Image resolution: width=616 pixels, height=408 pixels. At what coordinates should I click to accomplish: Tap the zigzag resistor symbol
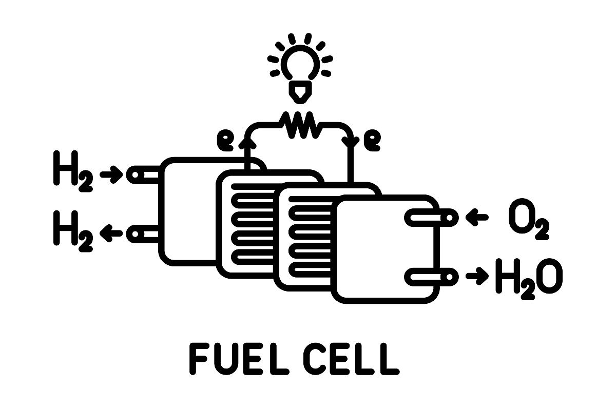[x=300, y=125]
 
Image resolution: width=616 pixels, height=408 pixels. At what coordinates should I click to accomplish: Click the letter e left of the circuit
[x=225, y=141]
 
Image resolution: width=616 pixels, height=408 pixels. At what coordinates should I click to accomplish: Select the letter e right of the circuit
[x=372, y=141]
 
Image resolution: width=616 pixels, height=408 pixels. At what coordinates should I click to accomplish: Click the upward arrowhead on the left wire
[x=247, y=142]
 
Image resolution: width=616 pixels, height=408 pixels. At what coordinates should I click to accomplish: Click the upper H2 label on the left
[x=73, y=171]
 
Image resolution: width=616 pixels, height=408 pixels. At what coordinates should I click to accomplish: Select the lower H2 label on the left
[x=73, y=231]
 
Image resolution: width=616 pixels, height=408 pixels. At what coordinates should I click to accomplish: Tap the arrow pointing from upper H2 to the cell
[x=111, y=174]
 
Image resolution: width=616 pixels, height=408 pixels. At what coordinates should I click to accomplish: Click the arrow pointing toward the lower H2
[x=111, y=234]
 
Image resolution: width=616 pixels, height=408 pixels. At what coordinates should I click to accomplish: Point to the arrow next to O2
[x=477, y=218]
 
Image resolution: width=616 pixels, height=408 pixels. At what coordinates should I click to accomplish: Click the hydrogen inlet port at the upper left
[x=143, y=174]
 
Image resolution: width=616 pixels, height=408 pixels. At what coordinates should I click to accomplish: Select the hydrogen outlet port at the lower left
[x=143, y=234]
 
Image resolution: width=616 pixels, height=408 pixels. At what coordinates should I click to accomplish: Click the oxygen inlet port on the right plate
[x=432, y=218]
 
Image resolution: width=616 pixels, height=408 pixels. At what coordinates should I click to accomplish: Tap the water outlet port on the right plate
[x=432, y=277]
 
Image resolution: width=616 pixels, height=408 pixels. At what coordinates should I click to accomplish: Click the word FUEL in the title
[x=239, y=359]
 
